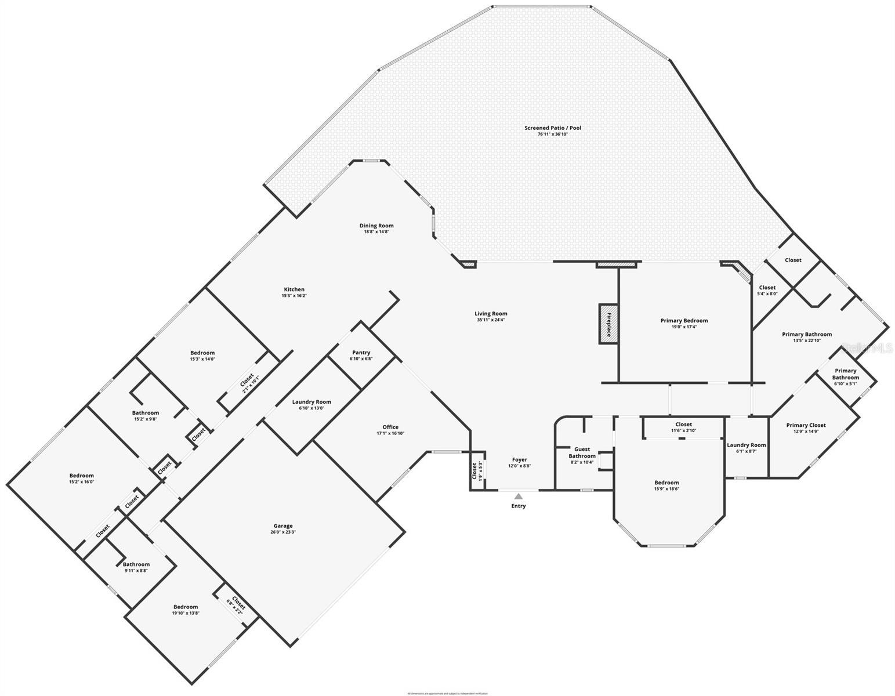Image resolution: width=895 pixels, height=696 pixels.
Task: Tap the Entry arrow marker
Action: [518, 496]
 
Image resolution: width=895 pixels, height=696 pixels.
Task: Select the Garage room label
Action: [283, 526]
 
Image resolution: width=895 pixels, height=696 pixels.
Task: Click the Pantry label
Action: [361, 353]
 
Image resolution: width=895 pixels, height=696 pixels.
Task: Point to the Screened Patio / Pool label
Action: [552, 128]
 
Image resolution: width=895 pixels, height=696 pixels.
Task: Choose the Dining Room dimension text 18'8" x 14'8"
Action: [376, 232]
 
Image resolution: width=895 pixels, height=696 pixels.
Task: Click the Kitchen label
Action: [294, 289]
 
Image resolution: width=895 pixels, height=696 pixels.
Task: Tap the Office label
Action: [390, 427]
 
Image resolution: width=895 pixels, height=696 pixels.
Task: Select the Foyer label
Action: [519, 460]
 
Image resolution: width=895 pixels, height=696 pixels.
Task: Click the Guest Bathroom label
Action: [582, 452]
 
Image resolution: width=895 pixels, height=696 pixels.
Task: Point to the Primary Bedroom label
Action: [684, 321]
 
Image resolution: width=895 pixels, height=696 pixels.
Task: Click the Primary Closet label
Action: [806, 425]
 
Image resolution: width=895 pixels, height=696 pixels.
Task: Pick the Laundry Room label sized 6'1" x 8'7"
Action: [746, 445]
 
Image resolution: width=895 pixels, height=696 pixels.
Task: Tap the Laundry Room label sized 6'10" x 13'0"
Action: [311, 402]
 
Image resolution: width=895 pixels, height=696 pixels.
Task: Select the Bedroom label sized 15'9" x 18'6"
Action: [666, 483]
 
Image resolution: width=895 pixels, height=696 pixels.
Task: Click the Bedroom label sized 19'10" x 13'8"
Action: [185, 607]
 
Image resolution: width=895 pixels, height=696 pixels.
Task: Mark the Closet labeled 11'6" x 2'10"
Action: [683, 425]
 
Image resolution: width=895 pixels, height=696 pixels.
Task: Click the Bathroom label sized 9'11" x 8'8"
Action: [136, 564]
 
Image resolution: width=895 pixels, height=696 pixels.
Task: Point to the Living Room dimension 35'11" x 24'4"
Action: [491, 320]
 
